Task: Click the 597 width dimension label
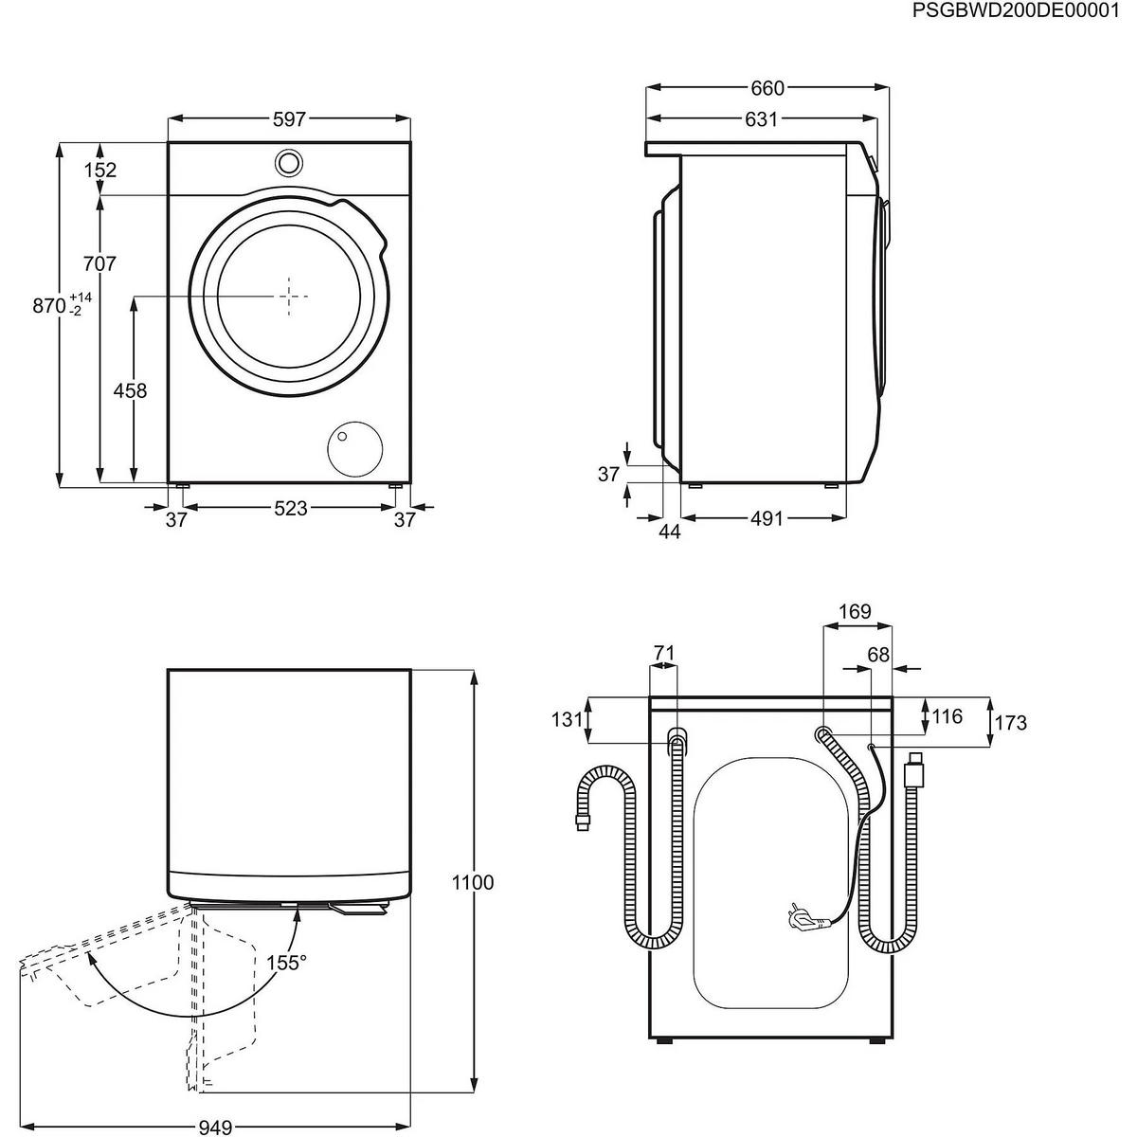click(289, 119)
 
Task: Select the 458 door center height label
click(132, 390)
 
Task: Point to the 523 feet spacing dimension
click(290, 508)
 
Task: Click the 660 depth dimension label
click(767, 88)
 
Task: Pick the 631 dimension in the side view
click(761, 119)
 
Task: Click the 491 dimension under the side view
click(767, 519)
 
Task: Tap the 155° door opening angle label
click(286, 963)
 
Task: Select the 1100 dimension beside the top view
click(474, 882)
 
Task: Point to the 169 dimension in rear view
click(855, 612)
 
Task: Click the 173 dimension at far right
click(1010, 723)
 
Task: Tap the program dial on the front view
click(289, 162)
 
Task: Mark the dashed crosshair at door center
click(292, 296)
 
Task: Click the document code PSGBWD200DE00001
click(1021, 10)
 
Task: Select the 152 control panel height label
click(99, 170)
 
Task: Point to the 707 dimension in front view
click(99, 263)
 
